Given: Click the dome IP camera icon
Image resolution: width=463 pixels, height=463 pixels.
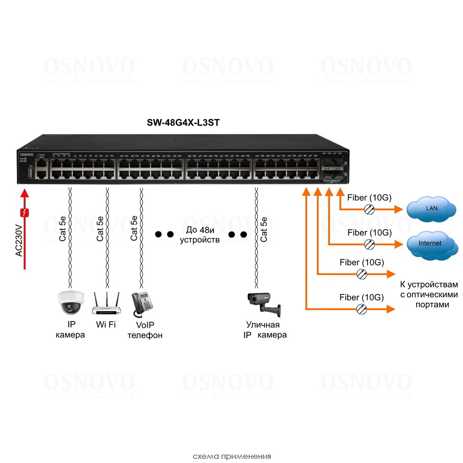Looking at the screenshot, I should (x=70, y=302).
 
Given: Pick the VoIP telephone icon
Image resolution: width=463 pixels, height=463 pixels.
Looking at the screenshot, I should (x=141, y=304).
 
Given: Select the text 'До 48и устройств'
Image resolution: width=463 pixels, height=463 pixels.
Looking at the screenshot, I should (x=200, y=235).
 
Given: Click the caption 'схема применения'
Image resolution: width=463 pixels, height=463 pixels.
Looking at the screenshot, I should (x=231, y=456).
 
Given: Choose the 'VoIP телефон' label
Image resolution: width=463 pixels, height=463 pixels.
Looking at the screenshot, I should (x=145, y=330).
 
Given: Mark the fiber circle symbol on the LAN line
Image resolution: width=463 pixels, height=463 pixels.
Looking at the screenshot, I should (x=369, y=209).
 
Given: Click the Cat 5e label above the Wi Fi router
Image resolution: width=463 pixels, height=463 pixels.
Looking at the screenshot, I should (x=100, y=228).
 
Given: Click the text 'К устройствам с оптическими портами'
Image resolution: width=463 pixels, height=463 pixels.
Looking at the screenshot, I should (x=428, y=294).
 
